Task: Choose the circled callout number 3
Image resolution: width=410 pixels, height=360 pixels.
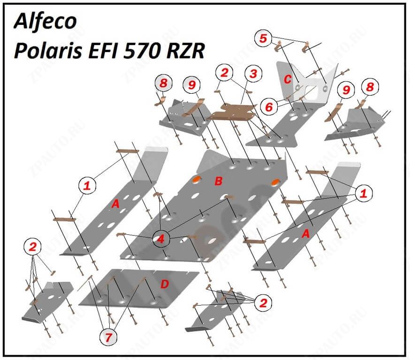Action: tap(253, 74)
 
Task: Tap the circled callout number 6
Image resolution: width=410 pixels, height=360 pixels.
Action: tap(269, 107)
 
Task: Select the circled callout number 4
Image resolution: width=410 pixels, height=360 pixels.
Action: tap(161, 239)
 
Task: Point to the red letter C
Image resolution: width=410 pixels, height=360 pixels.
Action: tap(288, 79)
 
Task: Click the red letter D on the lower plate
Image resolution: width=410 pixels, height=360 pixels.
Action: tap(164, 284)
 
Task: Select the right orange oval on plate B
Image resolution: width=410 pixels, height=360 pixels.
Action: tap(276, 181)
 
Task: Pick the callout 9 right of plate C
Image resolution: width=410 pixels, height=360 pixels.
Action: tap(346, 89)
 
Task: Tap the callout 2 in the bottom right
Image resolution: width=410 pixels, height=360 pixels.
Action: tap(263, 303)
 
